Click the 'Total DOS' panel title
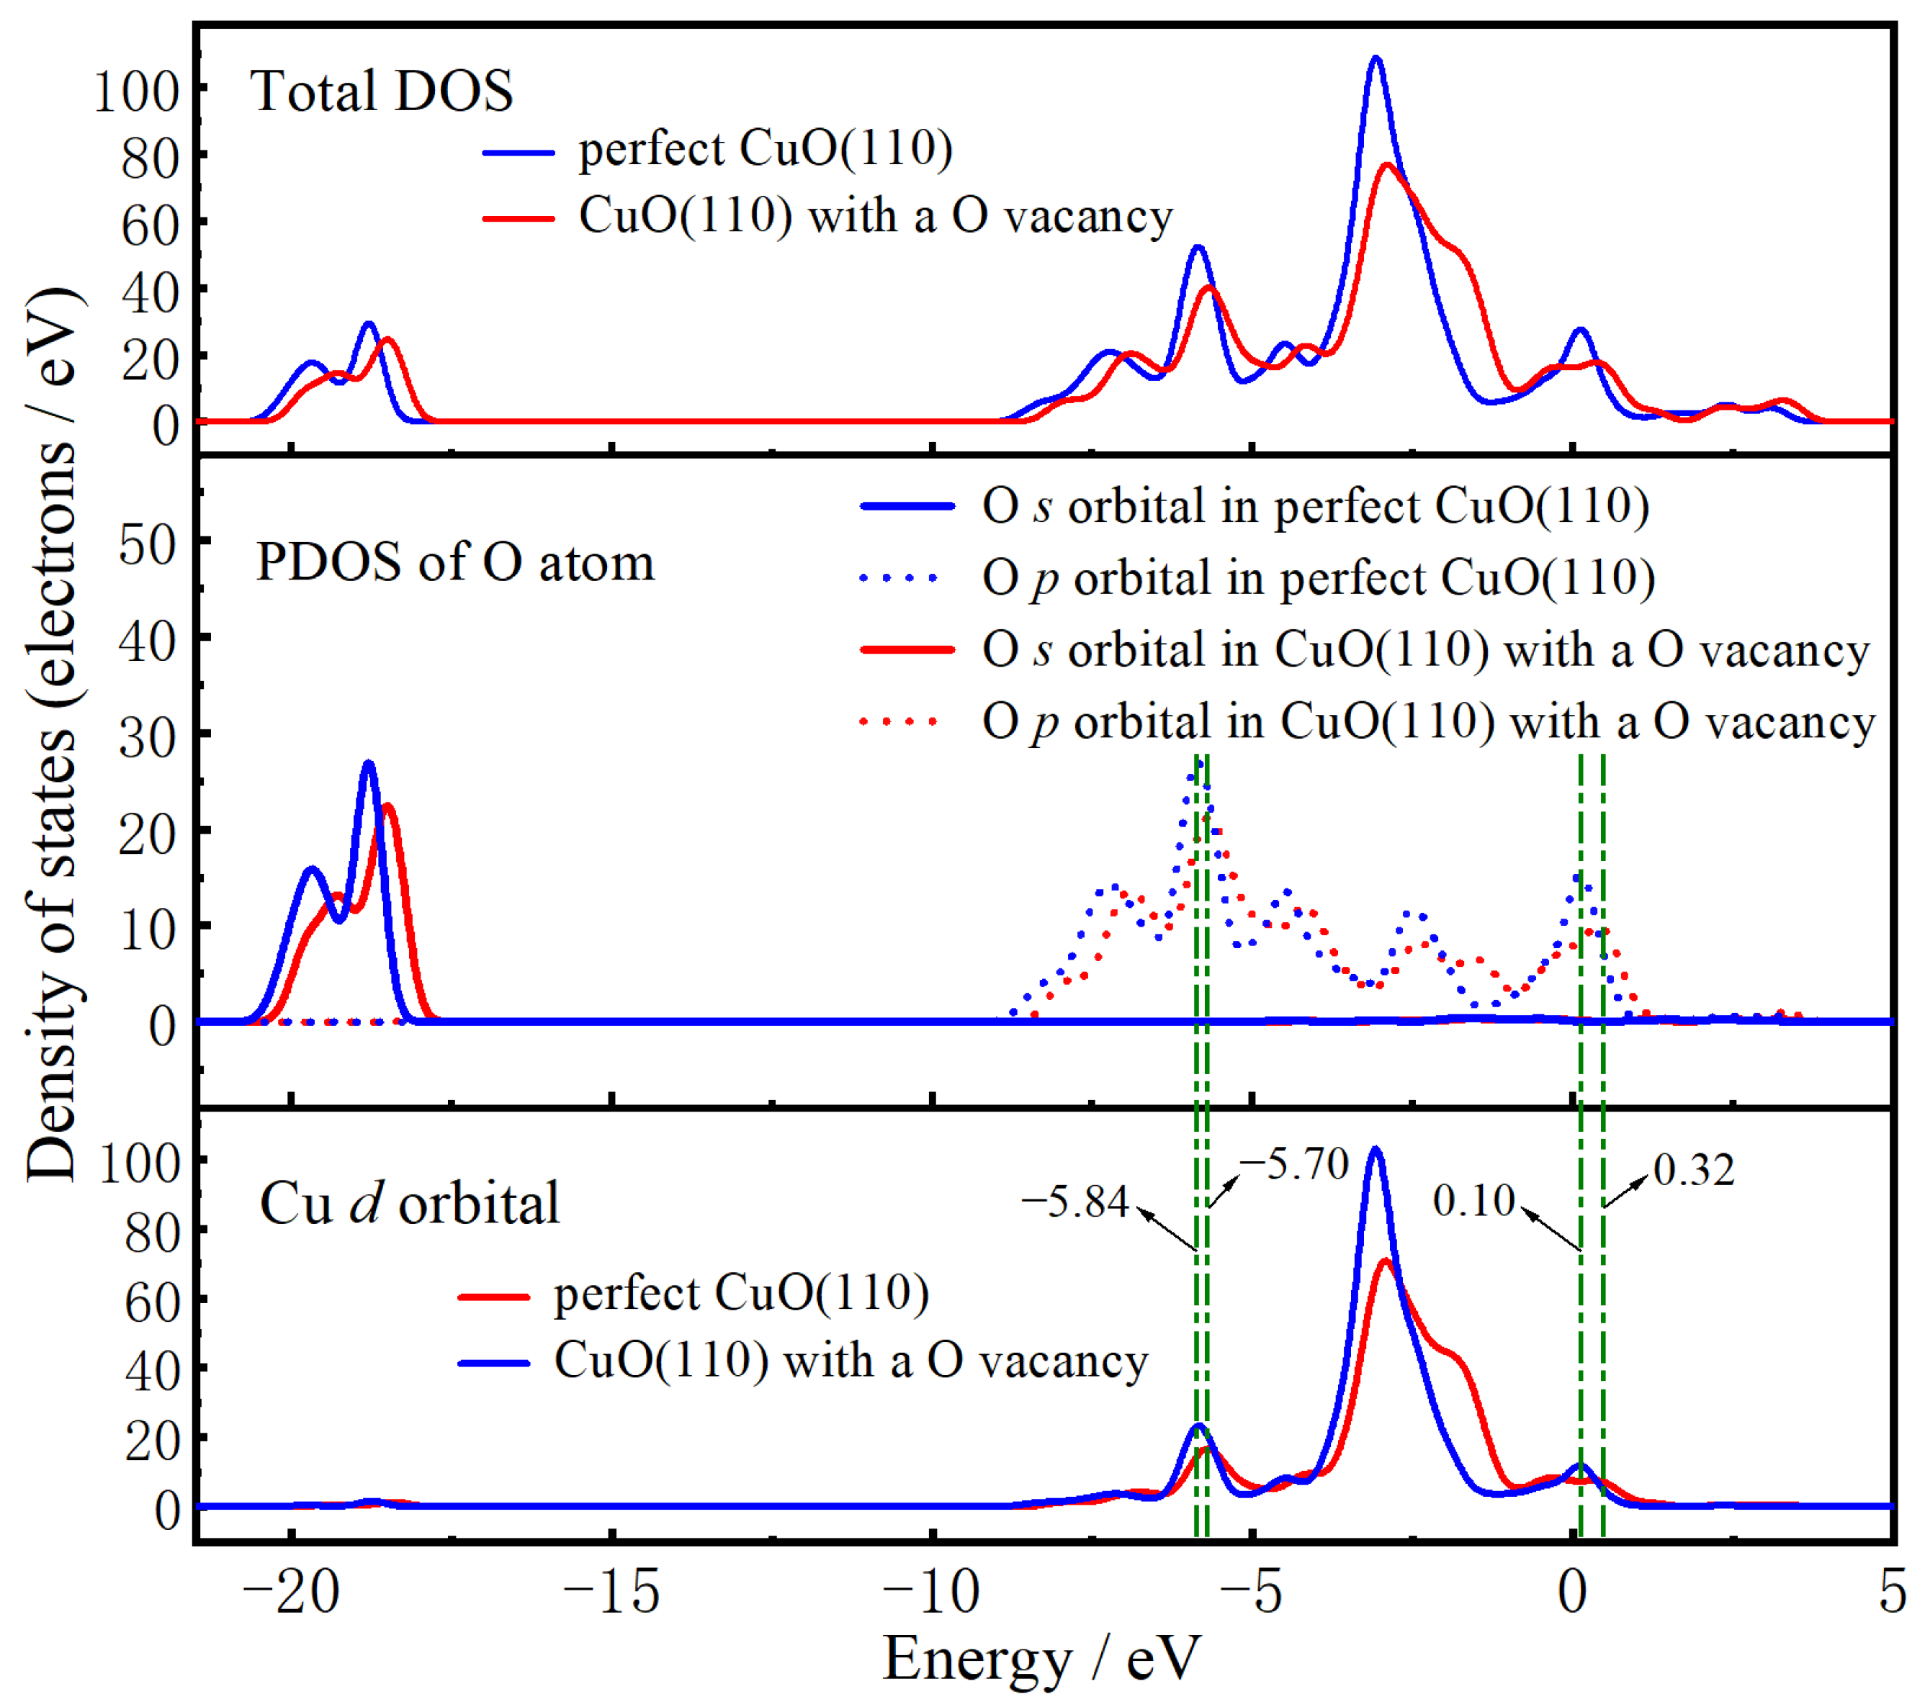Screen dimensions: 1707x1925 tap(382, 91)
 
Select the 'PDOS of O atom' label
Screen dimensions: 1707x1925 tap(455, 563)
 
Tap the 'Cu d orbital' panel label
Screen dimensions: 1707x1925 tap(410, 1203)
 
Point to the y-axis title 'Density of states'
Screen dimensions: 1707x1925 tap(52, 734)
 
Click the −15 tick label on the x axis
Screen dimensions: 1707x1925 tap(611, 1593)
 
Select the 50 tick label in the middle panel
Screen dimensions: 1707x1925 tap(147, 544)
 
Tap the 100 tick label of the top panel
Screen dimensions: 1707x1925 tap(137, 91)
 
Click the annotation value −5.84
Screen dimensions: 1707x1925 tap(1074, 1202)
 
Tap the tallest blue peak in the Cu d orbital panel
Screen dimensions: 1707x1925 tap(1375, 1150)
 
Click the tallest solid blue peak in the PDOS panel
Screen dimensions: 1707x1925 tap(368, 765)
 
